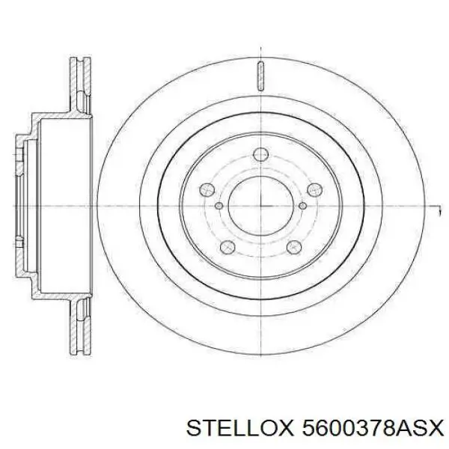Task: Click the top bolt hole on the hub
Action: point(260,155)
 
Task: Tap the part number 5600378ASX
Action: point(361,427)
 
